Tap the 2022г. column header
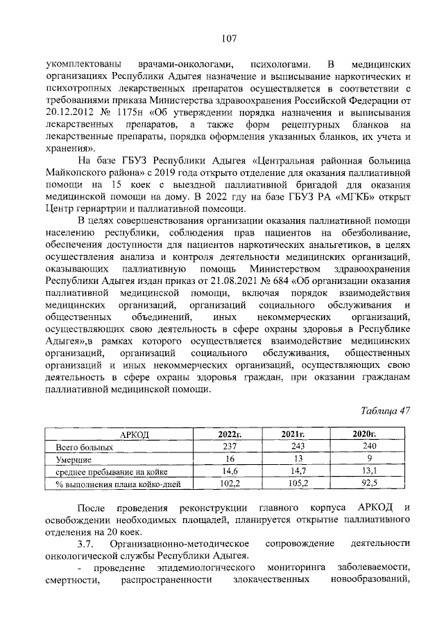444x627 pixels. pos(229,434)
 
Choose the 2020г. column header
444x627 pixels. pos(365,434)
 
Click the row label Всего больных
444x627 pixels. pos(82,447)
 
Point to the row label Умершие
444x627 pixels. pos(74,459)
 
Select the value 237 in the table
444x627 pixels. pos(229,447)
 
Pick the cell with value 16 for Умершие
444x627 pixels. pos(229,459)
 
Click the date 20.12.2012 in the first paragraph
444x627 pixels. pos(70,112)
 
